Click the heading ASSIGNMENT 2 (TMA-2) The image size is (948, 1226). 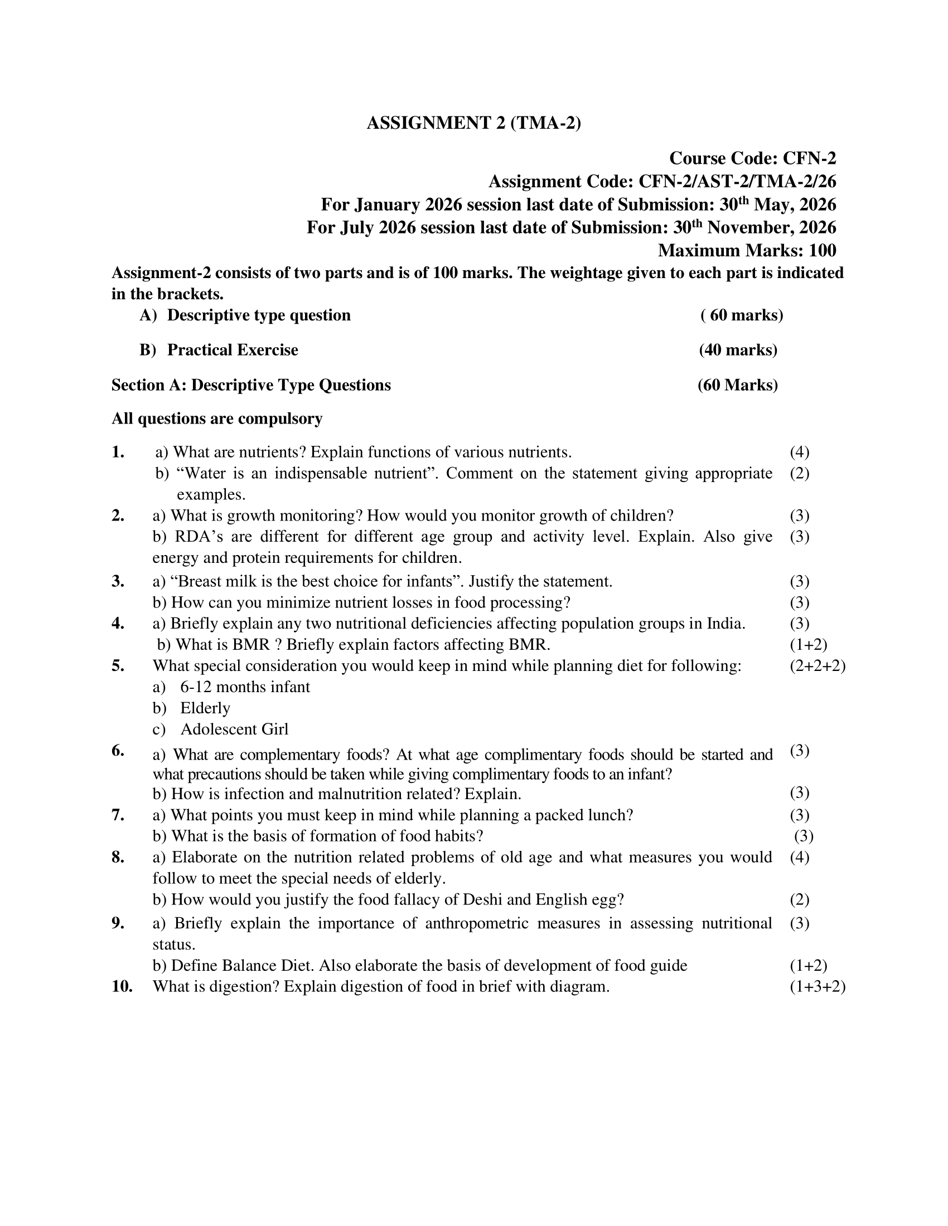[473, 123]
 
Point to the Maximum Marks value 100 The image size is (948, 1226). [822, 250]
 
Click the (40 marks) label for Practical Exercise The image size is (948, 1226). [738, 351]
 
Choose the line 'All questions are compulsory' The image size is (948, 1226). [217, 419]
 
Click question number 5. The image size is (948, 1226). [118, 666]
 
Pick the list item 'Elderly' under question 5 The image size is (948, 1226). [205, 708]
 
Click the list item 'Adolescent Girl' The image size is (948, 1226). [234, 730]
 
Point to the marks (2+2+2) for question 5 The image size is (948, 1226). [817, 666]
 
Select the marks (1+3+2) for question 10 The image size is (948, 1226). [817, 987]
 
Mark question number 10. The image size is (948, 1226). [122, 987]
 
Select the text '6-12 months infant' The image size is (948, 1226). [245, 687]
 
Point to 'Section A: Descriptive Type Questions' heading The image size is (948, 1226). [251, 385]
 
